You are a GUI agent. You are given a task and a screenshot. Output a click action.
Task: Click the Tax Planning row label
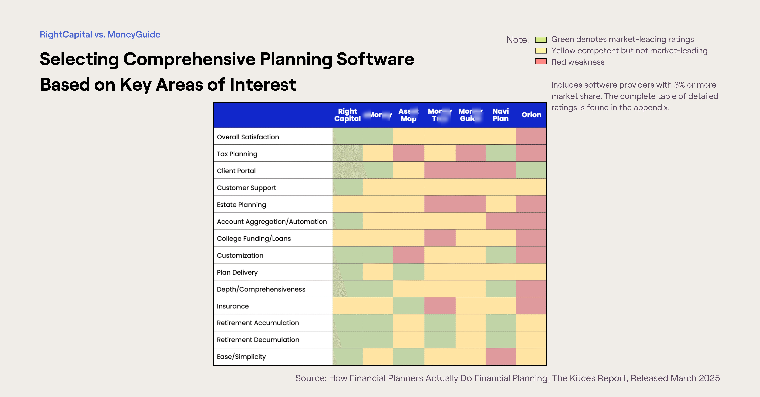point(237,154)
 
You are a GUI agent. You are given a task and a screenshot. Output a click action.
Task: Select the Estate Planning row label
point(241,205)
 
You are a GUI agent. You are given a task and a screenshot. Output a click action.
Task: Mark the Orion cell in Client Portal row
point(531,170)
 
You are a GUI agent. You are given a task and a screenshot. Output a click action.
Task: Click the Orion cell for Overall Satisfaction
point(531,136)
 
